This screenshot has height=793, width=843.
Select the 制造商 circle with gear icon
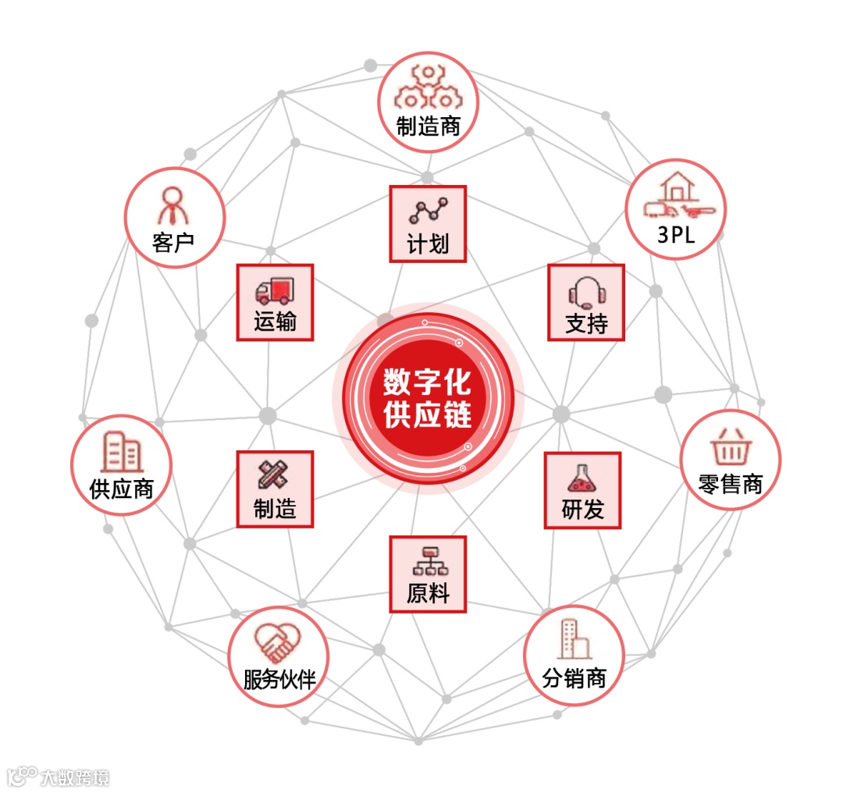click(x=428, y=102)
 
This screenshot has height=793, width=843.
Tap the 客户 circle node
click(x=174, y=218)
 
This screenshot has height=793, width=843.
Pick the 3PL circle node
click(x=675, y=208)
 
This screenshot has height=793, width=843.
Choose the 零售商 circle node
click(x=730, y=460)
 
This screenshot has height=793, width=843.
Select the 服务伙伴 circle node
click(x=278, y=656)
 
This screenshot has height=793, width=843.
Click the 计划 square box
click(x=428, y=223)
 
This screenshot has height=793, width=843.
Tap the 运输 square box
click(x=275, y=302)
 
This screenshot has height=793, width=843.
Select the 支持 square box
click(x=586, y=302)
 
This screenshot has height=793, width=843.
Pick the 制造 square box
click(x=275, y=489)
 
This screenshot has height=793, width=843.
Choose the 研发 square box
click(x=582, y=490)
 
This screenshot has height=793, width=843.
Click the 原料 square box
click(x=428, y=574)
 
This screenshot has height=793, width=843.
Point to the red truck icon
click(x=275, y=290)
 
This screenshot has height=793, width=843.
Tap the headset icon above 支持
click(x=587, y=293)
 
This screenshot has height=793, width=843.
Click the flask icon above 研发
click(x=582, y=478)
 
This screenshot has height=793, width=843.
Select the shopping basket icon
click(x=731, y=446)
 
